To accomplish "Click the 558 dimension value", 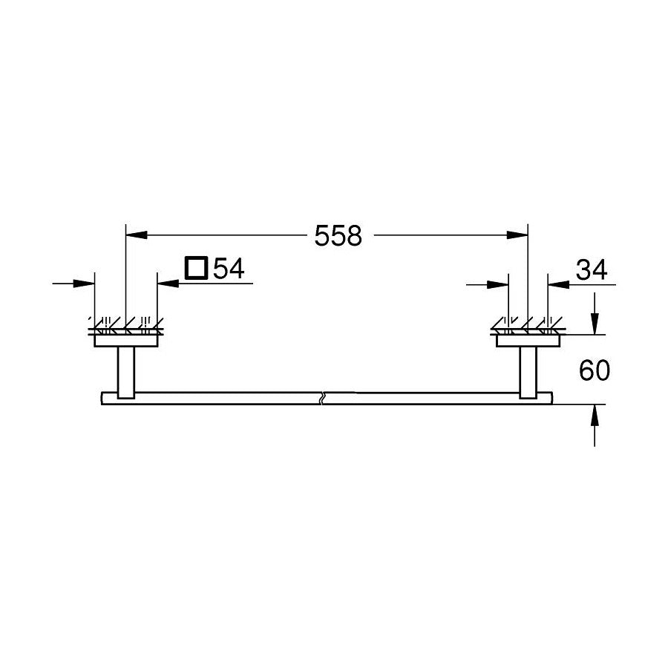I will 338,236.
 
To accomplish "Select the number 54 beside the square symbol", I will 229,268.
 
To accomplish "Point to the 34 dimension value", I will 591,270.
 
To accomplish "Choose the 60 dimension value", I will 594,370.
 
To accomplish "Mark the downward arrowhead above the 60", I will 595,324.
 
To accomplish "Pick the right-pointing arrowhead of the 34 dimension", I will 498,284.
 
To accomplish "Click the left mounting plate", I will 126,340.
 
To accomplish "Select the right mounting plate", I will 528,340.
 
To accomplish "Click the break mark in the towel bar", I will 321,398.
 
